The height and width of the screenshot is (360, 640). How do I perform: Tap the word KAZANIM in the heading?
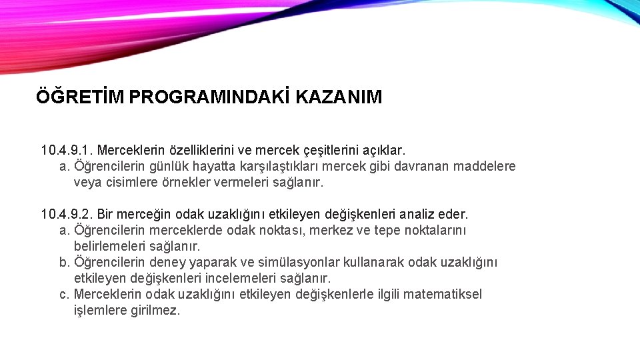[339, 97]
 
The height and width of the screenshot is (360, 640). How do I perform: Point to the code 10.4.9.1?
[67, 150]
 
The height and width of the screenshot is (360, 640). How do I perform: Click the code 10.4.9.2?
[67, 214]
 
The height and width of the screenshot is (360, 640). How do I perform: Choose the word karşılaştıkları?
[273, 166]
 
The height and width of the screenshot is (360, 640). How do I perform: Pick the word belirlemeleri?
[109, 246]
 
